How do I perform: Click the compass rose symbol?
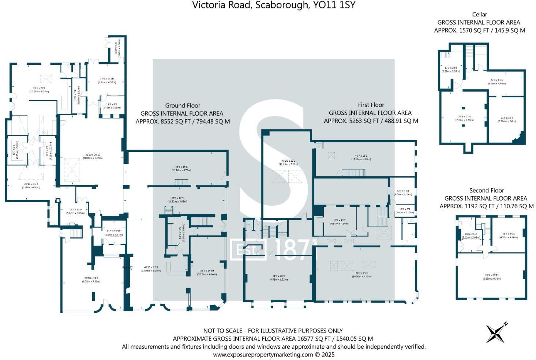pos(496,333)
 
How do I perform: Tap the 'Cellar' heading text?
pos(479,14)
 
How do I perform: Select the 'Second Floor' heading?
pos(487,190)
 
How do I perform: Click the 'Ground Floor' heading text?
pos(183,105)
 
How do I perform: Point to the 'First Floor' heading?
pos(371,105)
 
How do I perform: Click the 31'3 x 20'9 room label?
pos(278,277)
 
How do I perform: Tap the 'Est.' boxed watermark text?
pos(248,250)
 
